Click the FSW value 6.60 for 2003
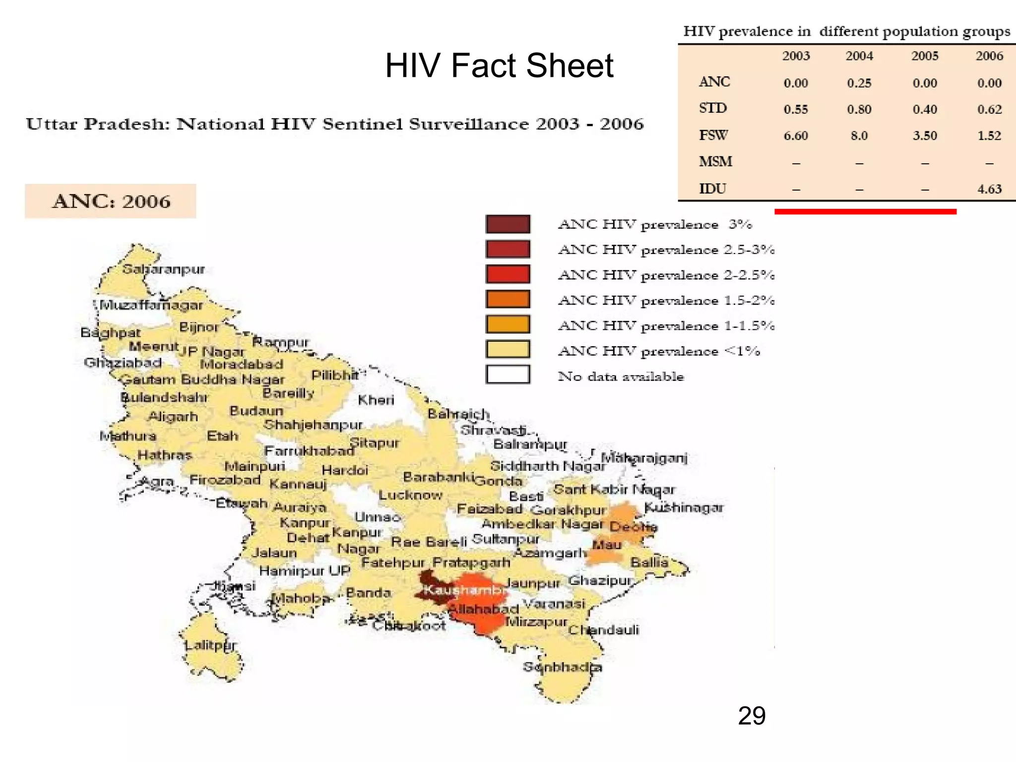[796, 135]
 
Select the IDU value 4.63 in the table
[989, 189]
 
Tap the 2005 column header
[925, 56]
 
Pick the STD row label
[713, 108]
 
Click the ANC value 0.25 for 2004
[859, 83]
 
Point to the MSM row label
[715, 162]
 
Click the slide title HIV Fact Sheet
[499, 65]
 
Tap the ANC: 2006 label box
[111, 201]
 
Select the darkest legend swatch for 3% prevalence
[508, 224]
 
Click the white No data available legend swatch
[508, 375]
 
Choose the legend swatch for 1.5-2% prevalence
[508, 299]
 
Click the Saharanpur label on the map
[163, 269]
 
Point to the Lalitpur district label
[210, 645]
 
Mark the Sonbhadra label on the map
[562, 667]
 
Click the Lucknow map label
[410, 495]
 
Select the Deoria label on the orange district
[633, 527]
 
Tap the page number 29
[751, 716]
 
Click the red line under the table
[865, 212]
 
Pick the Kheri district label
[376, 400]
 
